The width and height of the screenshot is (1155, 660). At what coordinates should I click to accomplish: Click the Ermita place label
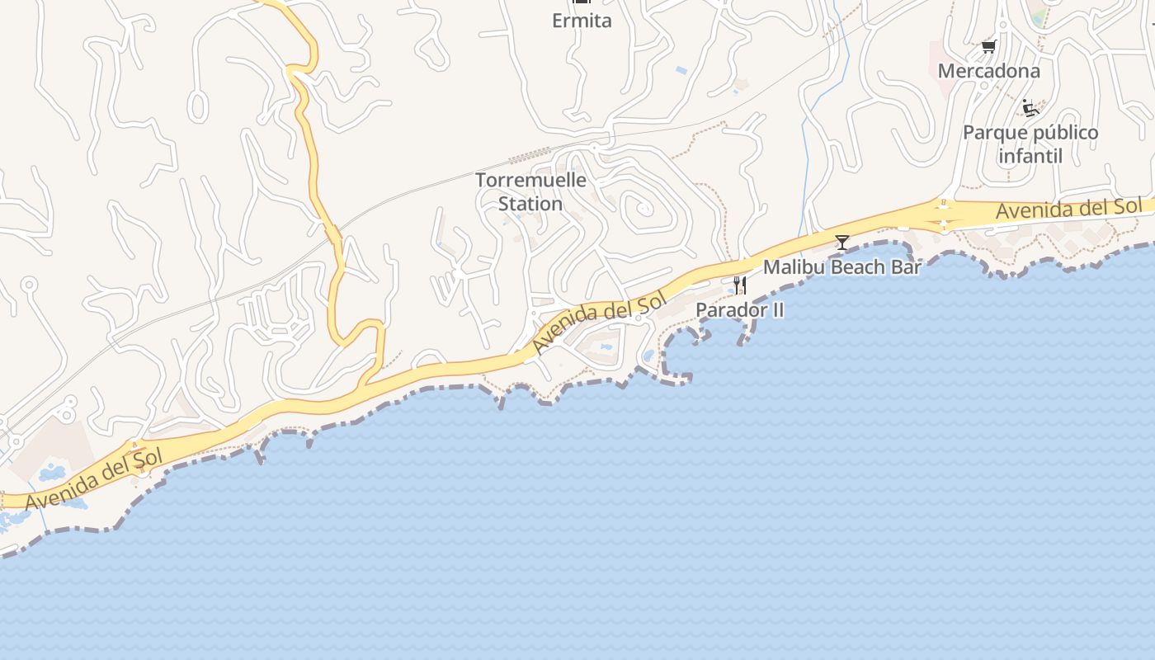[582, 21]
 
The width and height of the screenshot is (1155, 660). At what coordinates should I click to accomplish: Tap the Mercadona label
[988, 71]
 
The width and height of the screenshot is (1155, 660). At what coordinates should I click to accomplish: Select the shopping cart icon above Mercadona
[988, 47]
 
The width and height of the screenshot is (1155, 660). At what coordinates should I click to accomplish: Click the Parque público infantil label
[1030, 144]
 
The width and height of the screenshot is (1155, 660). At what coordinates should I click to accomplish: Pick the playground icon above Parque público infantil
[1030, 108]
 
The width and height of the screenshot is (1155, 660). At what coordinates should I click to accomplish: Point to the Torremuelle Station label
[530, 191]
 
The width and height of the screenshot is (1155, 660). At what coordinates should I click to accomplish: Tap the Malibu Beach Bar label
[841, 266]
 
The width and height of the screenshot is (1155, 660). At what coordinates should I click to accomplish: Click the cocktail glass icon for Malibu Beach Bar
[841, 243]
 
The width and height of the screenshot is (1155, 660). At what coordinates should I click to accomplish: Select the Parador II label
[739, 309]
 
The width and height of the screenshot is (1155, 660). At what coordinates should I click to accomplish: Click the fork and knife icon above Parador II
[739, 285]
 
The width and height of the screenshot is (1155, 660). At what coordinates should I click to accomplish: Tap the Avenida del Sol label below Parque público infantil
[1068, 209]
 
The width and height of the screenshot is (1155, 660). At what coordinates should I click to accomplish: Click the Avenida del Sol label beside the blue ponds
[95, 477]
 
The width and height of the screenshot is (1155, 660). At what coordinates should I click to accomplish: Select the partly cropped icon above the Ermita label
[582, 2]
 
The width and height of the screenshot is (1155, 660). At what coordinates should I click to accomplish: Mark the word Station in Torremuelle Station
[530, 203]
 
